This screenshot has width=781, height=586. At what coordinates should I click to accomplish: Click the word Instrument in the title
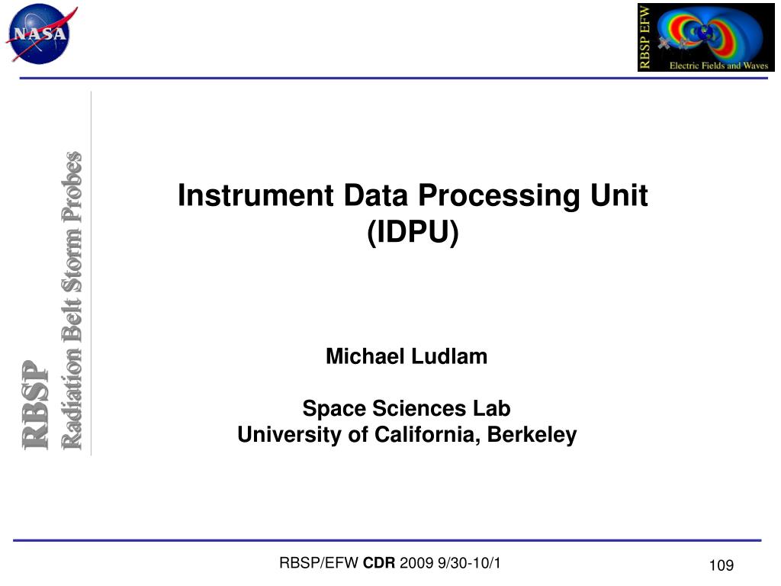tap(256, 195)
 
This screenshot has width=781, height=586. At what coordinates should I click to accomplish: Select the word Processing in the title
tap(500, 196)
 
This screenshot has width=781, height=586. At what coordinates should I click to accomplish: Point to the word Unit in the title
tap(619, 195)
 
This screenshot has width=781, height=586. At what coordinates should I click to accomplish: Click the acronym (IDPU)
tap(413, 232)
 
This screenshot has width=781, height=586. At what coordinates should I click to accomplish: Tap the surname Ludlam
tap(449, 356)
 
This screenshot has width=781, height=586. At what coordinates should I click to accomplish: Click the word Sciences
tap(419, 408)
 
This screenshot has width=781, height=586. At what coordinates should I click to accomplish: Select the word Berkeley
tap(532, 435)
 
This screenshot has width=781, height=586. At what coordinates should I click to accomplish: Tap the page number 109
tap(722, 565)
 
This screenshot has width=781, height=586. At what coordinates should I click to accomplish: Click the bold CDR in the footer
tap(378, 563)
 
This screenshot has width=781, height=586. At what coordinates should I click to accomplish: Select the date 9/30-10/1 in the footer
tap(469, 563)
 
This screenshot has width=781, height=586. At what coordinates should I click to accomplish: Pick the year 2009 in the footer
tap(416, 563)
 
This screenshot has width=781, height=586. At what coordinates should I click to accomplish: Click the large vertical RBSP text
tap(36, 404)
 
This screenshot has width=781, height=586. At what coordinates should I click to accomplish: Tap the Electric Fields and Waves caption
tap(718, 66)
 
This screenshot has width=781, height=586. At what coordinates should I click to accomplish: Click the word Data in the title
tap(375, 195)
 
